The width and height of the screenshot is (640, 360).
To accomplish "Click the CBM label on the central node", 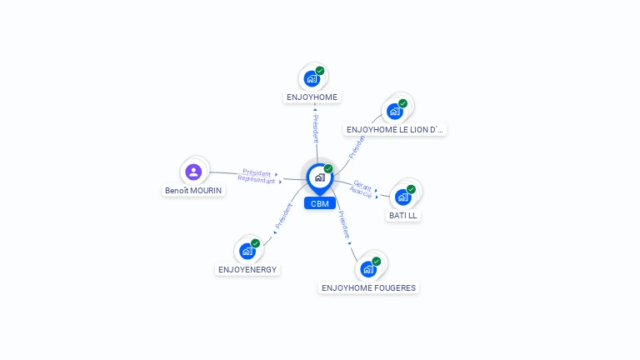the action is [x=320, y=203].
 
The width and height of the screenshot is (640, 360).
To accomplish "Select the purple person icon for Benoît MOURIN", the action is [x=193, y=172].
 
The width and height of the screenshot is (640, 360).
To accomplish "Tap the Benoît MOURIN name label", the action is [x=193, y=191].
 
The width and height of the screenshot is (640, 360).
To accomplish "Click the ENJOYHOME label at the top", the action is [x=312, y=97].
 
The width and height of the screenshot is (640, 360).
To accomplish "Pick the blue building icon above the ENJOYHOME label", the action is [x=312, y=79].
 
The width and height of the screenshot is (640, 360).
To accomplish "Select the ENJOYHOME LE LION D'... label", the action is [x=395, y=130].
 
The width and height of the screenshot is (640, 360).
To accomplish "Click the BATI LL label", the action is [x=402, y=216].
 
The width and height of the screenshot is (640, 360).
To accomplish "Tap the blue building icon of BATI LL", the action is [x=402, y=197].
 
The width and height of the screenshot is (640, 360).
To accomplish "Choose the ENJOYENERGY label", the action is [x=247, y=270].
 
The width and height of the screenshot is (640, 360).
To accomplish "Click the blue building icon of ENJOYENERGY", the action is [x=247, y=251].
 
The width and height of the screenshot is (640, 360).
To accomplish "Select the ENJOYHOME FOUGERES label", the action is [x=368, y=288].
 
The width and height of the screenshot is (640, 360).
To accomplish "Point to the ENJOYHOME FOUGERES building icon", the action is [x=368, y=269].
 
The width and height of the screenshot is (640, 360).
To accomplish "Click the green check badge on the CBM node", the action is [x=328, y=168].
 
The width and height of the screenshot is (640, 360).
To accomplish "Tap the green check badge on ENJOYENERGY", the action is [x=256, y=243].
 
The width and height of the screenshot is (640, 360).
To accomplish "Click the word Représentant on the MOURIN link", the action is [x=257, y=180].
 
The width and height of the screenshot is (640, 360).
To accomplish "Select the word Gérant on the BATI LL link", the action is [x=362, y=186].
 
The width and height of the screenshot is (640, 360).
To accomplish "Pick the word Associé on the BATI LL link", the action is [x=361, y=192].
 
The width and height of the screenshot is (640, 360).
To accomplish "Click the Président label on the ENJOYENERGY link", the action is [x=283, y=216].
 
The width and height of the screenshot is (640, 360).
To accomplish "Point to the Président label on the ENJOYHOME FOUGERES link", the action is [x=344, y=224].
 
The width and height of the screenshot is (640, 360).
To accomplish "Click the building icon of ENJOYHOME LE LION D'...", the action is [x=395, y=112].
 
